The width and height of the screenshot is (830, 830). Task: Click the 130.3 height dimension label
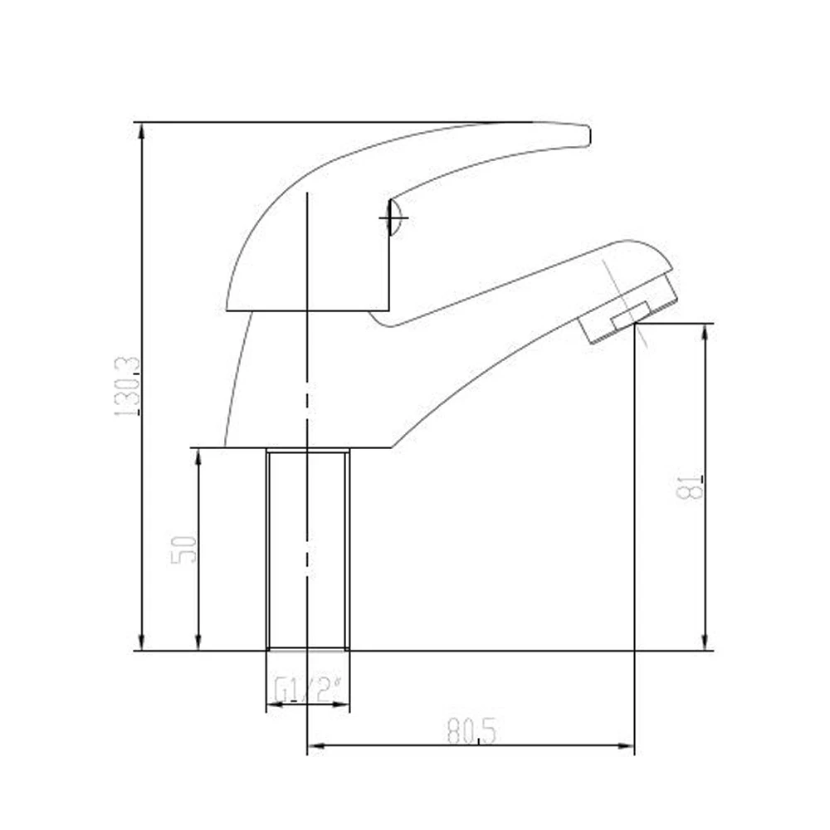128,387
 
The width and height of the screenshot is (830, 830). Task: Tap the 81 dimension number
691,486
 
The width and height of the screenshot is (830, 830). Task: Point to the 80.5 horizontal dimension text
471,732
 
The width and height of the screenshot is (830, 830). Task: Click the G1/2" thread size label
307,690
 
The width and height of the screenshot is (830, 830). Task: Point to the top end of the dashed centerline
308,194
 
